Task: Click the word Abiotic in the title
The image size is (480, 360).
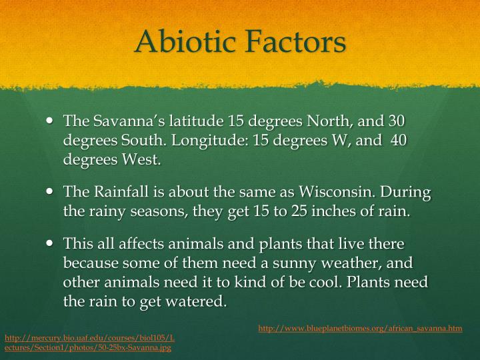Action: point(185,41)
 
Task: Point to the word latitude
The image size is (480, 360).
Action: point(196,121)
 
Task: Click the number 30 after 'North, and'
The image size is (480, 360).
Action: point(397,121)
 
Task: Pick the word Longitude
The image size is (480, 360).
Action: point(210,141)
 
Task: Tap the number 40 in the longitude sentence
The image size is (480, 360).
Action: point(399,140)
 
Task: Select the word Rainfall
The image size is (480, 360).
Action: point(121,191)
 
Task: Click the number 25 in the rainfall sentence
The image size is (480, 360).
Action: point(299,211)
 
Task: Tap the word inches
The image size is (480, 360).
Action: point(333,211)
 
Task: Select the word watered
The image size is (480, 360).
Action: point(196,301)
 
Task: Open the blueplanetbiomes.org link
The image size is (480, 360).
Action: point(360,329)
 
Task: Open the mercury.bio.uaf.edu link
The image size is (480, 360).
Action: point(90,343)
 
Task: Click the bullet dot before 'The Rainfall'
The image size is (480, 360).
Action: point(49,191)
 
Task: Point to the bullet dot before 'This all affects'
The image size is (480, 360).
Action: point(49,243)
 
